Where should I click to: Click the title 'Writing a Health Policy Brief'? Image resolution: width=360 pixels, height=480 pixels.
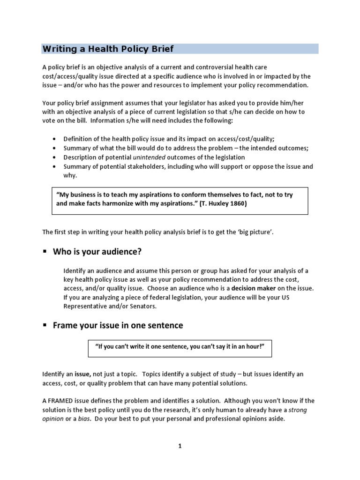point(108,49)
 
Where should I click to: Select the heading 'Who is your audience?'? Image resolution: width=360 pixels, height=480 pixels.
point(97,252)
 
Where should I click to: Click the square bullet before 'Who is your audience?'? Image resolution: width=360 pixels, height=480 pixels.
point(45,252)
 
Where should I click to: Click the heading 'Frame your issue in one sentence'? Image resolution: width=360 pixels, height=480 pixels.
point(118,325)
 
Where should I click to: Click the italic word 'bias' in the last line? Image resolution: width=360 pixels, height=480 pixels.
point(84,419)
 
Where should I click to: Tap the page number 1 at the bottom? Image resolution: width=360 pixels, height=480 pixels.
point(180,446)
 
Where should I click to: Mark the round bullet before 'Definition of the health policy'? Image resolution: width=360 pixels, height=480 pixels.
point(55,139)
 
